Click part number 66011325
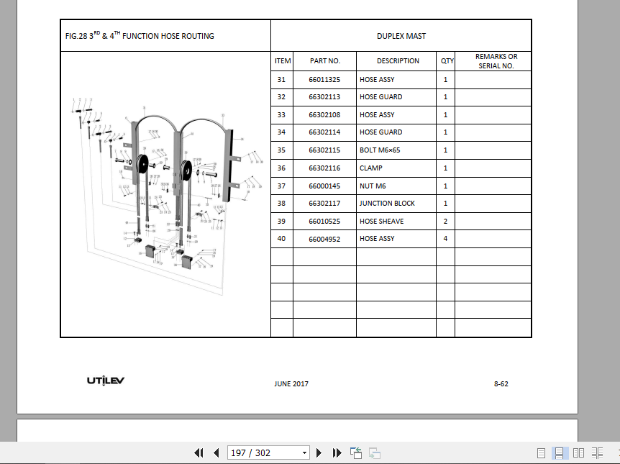(x=324, y=79)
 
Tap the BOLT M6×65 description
(x=380, y=150)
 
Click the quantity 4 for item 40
(x=445, y=239)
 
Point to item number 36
(x=281, y=168)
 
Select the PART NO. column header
(x=324, y=61)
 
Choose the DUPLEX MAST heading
(x=401, y=36)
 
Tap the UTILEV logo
(x=106, y=381)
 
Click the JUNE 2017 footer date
(x=291, y=384)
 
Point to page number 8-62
(x=501, y=384)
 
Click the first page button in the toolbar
(x=199, y=452)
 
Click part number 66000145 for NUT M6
(x=324, y=186)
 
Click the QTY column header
(x=447, y=61)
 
